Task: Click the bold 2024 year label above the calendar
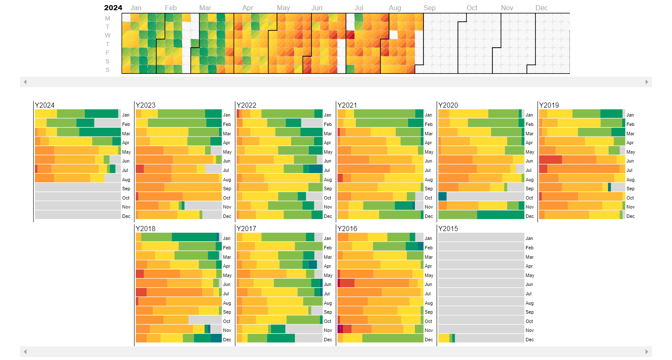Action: [x=113, y=8]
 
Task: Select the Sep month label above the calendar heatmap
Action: [x=429, y=8]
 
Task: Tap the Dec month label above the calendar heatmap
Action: [x=541, y=8]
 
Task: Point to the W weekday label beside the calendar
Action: [x=108, y=35]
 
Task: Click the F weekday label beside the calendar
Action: [x=108, y=53]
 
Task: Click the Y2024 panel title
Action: [x=45, y=105]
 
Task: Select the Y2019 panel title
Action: [x=549, y=105]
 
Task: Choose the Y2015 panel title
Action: [x=448, y=229]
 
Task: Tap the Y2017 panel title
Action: [x=246, y=229]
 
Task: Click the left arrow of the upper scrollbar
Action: [x=25, y=82]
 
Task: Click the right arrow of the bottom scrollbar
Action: [x=646, y=351]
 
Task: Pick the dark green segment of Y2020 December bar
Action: [x=500, y=215]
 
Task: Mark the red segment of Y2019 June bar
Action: [x=550, y=160]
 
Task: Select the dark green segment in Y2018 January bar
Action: [x=194, y=237]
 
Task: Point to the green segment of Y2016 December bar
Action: [x=392, y=338]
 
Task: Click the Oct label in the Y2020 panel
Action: [x=529, y=198]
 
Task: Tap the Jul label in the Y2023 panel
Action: [x=226, y=170]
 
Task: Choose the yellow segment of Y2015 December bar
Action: [x=443, y=338]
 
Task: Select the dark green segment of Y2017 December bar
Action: [x=281, y=338]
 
